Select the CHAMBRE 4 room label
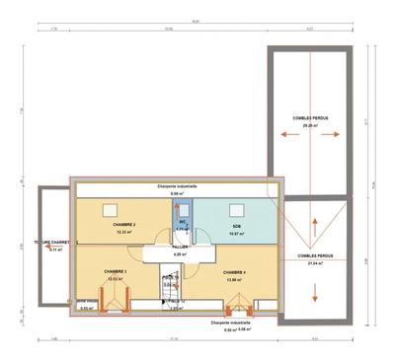pyautogui.click(x=234, y=272)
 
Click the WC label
pyautogui.click(x=182, y=223)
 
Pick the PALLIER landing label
pyautogui.click(x=180, y=248)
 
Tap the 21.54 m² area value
pyautogui.click(x=313, y=263)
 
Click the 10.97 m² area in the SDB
pyautogui.click(x=237, y=234)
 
